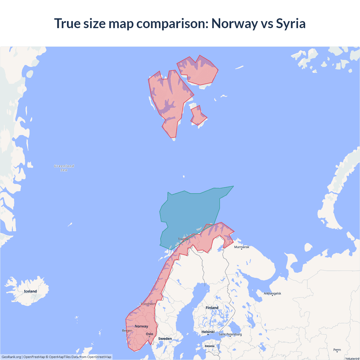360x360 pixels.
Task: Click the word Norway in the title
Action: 234,23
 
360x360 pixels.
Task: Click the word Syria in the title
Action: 291,23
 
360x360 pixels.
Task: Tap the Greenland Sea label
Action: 64,168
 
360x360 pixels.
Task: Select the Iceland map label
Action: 30,291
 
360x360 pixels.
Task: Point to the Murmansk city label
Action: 242,247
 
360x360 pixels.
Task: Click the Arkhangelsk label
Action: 272,293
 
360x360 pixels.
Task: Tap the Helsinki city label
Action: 208,332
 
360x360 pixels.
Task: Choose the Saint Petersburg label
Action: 230,334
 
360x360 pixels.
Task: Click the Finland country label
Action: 212,308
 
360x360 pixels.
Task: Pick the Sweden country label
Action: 165,339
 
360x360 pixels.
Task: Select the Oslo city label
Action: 149,334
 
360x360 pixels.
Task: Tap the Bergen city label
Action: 127,330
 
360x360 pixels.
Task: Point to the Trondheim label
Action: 148,304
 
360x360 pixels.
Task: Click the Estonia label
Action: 210,346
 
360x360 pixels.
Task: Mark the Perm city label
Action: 337,350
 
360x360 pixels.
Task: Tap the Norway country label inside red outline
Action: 141,326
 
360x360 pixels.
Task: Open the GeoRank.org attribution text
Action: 11,357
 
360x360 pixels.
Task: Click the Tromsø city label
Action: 183,239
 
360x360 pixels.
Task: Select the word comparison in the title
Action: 172,23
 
